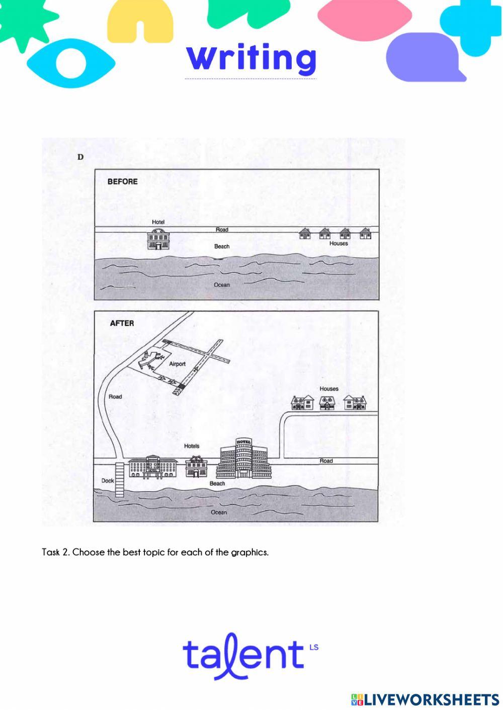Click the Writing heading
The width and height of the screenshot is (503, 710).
[x=251, y=59]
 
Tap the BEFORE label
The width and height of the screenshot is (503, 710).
[x=123, y=181]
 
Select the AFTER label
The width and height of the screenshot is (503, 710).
[x=122, y=323]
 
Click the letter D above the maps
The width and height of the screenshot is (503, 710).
[x=80, y=157]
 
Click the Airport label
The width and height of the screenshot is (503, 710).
[x=177, y=364]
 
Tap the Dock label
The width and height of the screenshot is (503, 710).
[x=108, y=480]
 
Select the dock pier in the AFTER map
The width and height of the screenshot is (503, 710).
[x=119, y=479]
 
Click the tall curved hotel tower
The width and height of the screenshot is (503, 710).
[x=244, y=458]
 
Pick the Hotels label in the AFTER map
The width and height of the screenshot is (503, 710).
[x=192, y=446]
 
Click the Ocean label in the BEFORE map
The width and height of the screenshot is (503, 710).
[x=221, y=285]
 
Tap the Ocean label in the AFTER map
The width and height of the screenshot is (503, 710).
[x=219, y=512]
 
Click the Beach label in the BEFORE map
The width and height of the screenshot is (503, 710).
[x=221, y=246]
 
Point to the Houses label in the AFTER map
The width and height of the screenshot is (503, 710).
[x=329, y=388]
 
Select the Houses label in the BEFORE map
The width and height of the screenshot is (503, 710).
[x=339, y=243]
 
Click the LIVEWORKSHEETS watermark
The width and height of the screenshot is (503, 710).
[x=425, y=699]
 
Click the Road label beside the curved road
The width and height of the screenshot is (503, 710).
[x=115, y=396]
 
